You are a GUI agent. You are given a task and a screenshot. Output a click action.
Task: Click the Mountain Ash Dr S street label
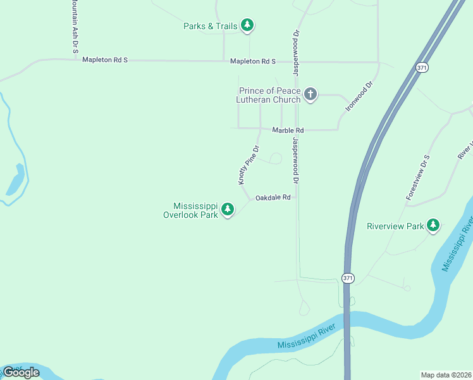[x=75, y=25]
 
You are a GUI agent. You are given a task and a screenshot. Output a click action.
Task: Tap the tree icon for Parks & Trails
[x=248, y=25]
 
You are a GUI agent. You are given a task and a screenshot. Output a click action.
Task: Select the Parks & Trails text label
[x=211, y=26]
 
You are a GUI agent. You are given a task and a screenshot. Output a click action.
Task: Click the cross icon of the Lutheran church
[x=310, y=95]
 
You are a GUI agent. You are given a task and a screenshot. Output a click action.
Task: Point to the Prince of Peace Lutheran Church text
[x=269, y=95]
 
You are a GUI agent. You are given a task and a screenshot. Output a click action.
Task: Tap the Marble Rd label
[x=288, y=130]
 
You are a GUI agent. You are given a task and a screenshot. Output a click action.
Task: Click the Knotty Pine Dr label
[x=249, y=165]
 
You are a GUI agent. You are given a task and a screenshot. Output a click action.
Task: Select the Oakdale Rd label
[x=273, y=198]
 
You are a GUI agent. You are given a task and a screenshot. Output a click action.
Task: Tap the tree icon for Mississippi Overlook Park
[x=228, y=208]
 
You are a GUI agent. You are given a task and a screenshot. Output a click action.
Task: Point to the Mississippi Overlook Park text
[x=195, y=210]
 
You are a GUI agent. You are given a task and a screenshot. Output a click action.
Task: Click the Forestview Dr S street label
[x=418, y=178]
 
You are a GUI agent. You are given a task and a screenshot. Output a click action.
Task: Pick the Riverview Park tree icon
[x=433, y=225]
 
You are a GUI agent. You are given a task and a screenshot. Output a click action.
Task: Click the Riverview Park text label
[x=396, y=226]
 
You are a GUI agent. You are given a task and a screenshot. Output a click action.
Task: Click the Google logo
[x=21, y=372]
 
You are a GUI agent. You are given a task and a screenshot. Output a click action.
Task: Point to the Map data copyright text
[x=446, y=374]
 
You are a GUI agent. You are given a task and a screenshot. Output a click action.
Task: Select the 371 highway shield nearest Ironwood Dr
[x=421, y=66]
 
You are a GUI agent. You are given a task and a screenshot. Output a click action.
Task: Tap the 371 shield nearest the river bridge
[x=347, y=278]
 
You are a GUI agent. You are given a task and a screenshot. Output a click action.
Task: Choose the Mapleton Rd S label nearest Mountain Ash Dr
[x=105, y=60]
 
